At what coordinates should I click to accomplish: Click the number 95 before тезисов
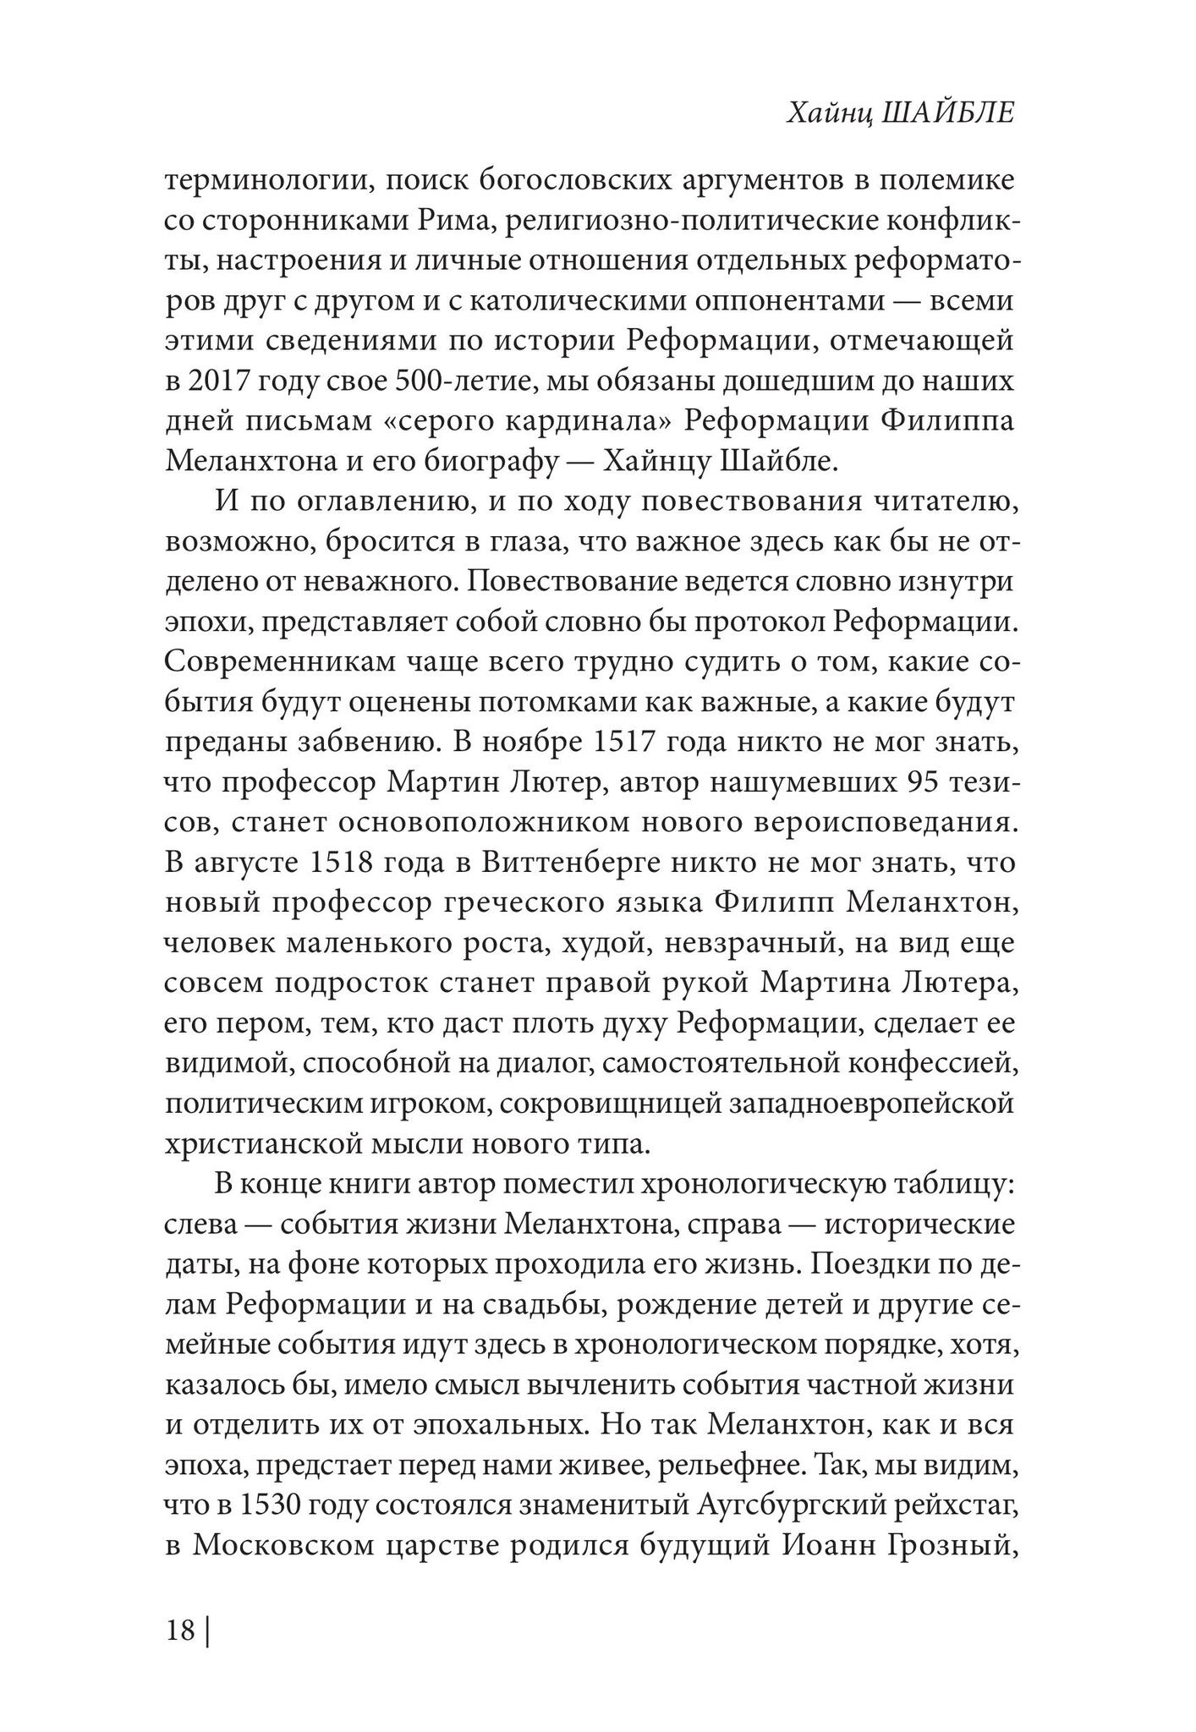click(x=925, y=784)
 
